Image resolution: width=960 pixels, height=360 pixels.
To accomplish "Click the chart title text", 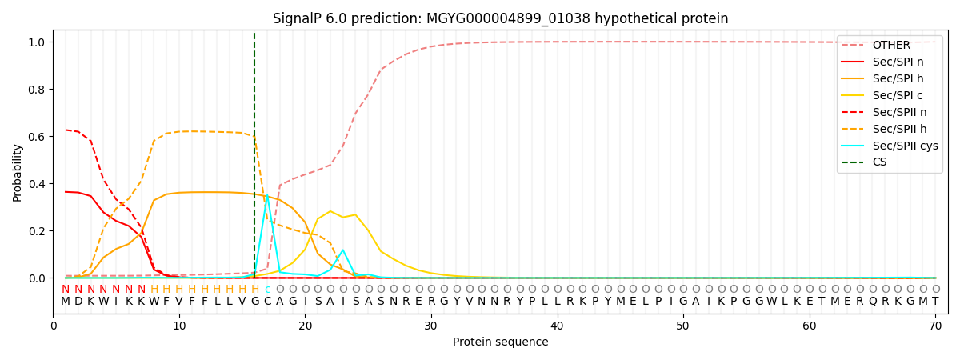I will pyautogui.click(x=500, y=18).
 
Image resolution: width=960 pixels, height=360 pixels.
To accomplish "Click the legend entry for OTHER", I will pyautogui.click(x=891, y=46).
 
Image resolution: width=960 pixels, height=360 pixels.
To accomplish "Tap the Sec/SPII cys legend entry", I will pyautogui.click(x=905, y=146).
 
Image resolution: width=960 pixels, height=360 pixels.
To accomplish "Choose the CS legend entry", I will pyautogui.click(x=879, y=162).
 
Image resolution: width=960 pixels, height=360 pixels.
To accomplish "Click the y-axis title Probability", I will pyautogui.click(x=18, y=172).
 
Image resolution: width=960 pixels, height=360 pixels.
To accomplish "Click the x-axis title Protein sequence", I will pyautogui.click(x=500, y=342).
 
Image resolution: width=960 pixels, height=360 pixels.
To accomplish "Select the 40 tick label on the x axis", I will pyautogui.click(x=557, y=326).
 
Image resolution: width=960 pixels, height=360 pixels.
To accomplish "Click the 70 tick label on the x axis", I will pyautogui.click(x=935, y=326).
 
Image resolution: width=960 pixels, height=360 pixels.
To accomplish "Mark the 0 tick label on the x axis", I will pyautogui.click(x=54, y=326).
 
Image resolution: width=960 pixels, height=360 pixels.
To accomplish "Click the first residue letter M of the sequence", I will pyautogui.click(x=66, y=302).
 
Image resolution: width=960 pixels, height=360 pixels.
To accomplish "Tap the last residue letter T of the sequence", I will pyautogui.click(x=935, y=302).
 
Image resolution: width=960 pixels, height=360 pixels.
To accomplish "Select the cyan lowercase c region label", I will pyautogui.click(x=267, y=290).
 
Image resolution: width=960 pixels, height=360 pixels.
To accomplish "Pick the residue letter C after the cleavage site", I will pyautogui.click(x=267, y=302).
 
